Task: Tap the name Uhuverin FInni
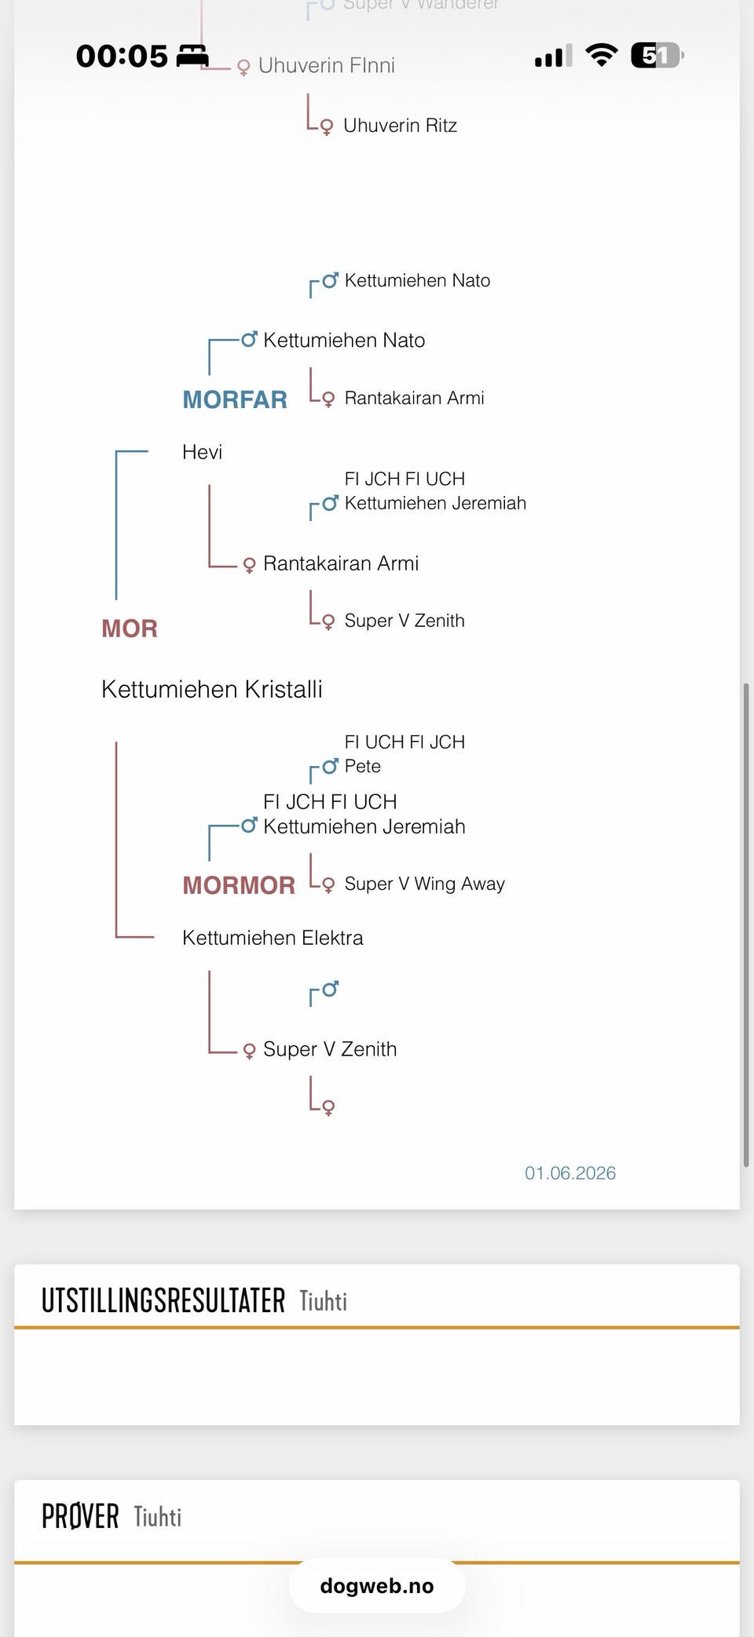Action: click(326, 65)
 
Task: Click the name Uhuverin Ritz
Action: click(400, 126)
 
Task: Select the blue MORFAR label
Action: click(235, 399)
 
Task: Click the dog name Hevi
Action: click(202, 452)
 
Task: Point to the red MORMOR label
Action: click(239, 885)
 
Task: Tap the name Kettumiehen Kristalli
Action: click(212, 689)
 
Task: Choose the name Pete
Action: click(363, 766)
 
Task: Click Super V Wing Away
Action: click(424, 884)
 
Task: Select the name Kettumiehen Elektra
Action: click(273, 938)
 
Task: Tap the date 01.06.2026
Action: click(570, 1173)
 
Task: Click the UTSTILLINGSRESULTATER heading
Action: click(163, 1300)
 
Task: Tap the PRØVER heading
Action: click(80, 1516)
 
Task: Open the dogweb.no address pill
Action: click(377, 1586)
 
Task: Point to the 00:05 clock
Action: click(122, 56)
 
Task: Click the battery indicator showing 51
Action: click(657, 55)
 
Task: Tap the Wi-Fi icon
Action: click(602, 55)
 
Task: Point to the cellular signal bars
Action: click(554, 56)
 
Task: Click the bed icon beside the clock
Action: click(192, 56)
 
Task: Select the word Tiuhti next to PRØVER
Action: click(158, 1517)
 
